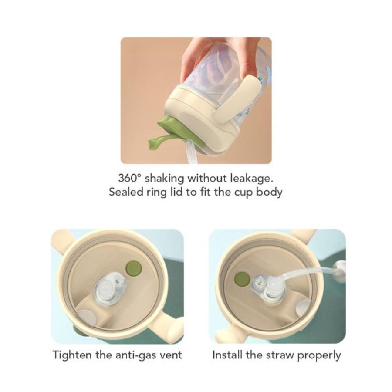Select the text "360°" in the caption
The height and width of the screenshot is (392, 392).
coord(129,178)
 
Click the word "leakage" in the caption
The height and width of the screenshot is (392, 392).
coord(253,178)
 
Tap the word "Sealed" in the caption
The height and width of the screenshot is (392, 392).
coord(125,192)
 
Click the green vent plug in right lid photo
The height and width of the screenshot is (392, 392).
coord(242,279)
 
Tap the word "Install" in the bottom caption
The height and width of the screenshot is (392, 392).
coord(227,355)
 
